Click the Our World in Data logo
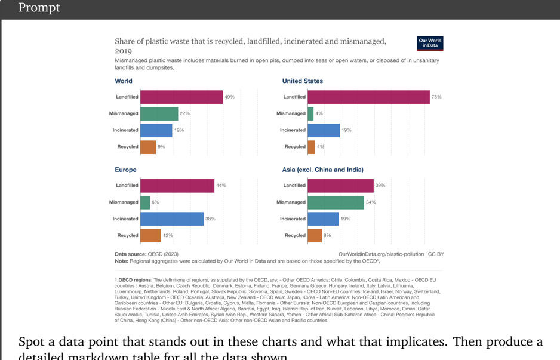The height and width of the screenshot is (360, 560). coord(430,44)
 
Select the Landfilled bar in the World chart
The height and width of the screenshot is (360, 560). coord(181,97)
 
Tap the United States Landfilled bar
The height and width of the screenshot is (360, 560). coord(368,97)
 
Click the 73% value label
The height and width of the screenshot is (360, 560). coord(436,97)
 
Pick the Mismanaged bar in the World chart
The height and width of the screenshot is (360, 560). coord(159,113)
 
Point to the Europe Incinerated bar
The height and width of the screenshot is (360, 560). coord(172,219)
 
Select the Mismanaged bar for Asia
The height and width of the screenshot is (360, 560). coord(336,202)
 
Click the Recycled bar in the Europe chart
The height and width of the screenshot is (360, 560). coord(150,235)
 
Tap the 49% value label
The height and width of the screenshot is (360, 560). coord(229,97)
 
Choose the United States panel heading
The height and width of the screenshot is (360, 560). coord(302,81)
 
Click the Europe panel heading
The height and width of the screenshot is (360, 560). coord(125,170)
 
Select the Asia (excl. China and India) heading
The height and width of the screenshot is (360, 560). coord(322,170)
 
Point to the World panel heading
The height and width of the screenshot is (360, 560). coord(124,81)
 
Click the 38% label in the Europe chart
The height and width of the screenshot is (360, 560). coord(210,219)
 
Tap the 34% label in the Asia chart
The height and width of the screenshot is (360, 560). coord(371,202)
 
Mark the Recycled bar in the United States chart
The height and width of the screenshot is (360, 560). coord(311,147)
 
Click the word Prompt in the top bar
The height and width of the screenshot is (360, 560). coord(39,8)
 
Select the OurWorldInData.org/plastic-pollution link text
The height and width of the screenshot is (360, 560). coord(381,254)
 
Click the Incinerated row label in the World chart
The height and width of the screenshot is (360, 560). coord(125,130)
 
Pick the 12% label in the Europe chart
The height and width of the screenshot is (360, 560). coord(168,235)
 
